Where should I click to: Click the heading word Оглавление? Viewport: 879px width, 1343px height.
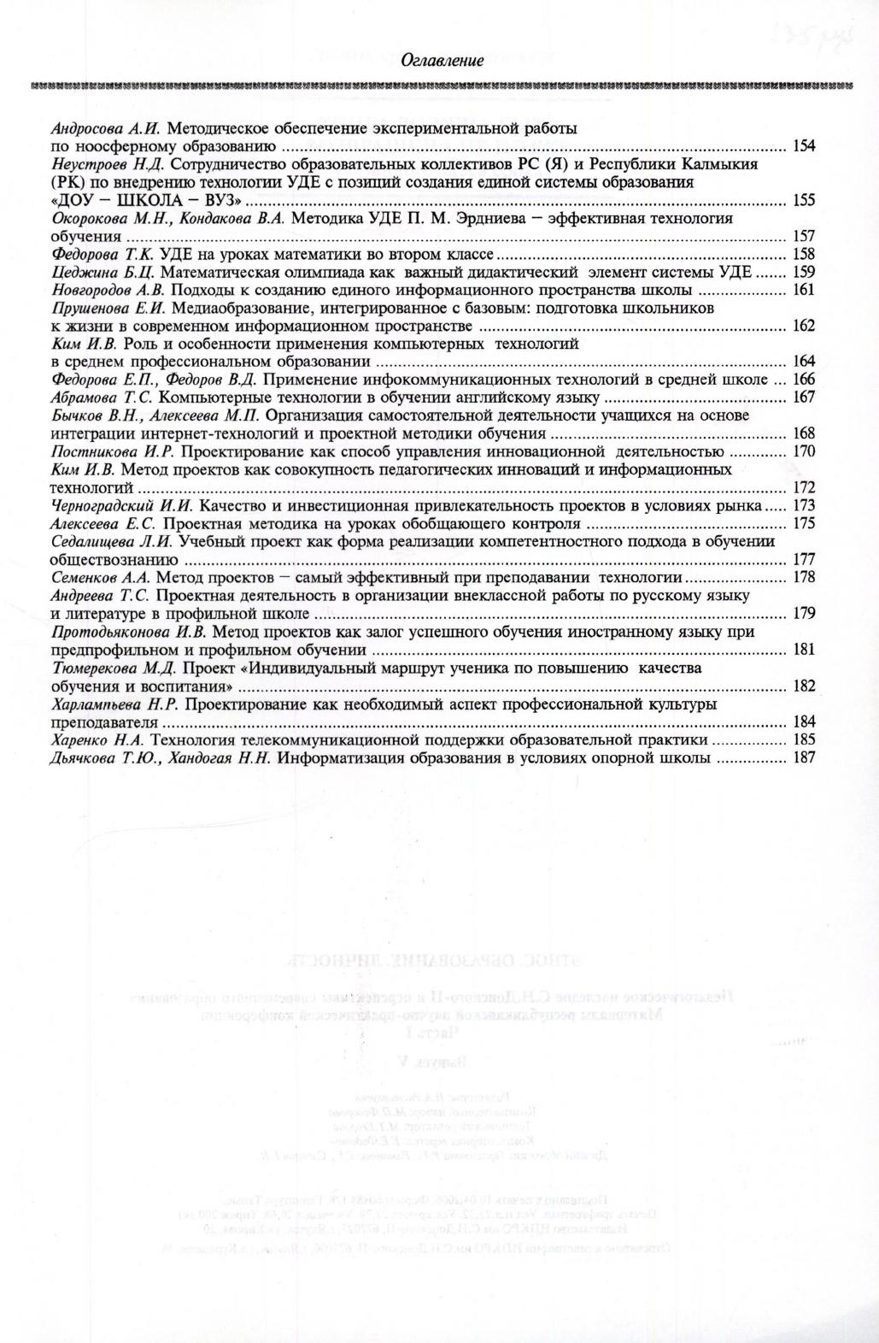[442, 61]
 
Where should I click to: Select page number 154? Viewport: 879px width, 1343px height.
[804, 146]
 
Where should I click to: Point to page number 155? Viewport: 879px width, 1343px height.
[804, 200]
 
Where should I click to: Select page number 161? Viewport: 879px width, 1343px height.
[804, 290]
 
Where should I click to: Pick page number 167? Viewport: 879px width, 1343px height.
[804, 398]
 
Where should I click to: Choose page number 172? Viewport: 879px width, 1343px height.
[804, 487]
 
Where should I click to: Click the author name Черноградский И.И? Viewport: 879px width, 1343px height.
[122, 505]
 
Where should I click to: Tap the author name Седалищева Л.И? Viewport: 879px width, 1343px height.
[112, 541]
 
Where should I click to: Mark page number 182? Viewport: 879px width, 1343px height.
[804, 686]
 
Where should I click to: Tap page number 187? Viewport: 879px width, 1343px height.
[804, 757]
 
